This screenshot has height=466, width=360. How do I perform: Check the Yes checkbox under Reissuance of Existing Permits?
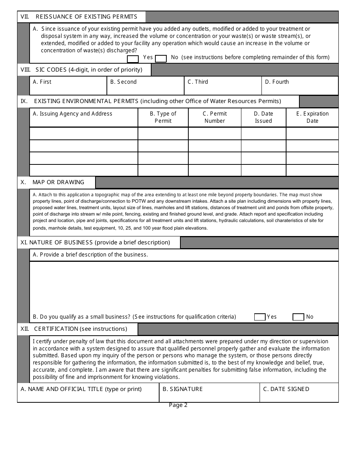pyautogui.click(x=133, y=59)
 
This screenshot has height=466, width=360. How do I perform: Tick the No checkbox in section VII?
pyautogui.click(x=161, y=59)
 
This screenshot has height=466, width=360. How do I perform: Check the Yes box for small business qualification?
pyautogui.click(x=260, y=317)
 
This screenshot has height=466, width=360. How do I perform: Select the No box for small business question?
pyautogui.click(x=298, y=317)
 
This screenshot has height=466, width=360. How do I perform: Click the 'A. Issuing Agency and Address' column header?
pyautogui.click(x=72, y=114)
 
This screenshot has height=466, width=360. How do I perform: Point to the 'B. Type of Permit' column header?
pyautogui.click(x=163, y=117)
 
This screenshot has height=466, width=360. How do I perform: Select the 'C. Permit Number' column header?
pyautogui.click(x=215, y=117)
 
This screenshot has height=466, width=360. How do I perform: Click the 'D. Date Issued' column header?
pyautogui.click(x=263, y=117)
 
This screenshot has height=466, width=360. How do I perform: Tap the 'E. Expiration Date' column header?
pyautogui.click(x=312, y=117)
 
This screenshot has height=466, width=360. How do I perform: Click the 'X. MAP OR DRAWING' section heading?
pyautogui.click(x=53, y=182)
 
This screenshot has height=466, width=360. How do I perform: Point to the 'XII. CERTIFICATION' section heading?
pyautogui.click(x=74, y=329)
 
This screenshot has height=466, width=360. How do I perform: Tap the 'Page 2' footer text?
pyautogui.click(x=178, y=405)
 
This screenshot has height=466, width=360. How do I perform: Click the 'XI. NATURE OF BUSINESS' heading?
pyautogui.click(x=95, y=242)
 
